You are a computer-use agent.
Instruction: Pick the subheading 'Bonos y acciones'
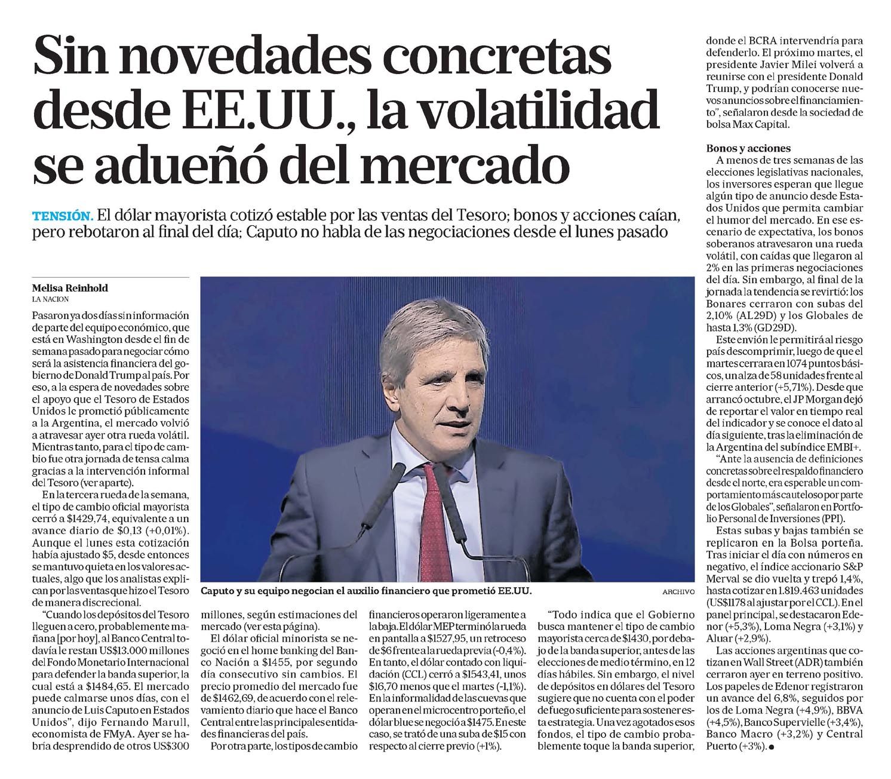748,148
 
